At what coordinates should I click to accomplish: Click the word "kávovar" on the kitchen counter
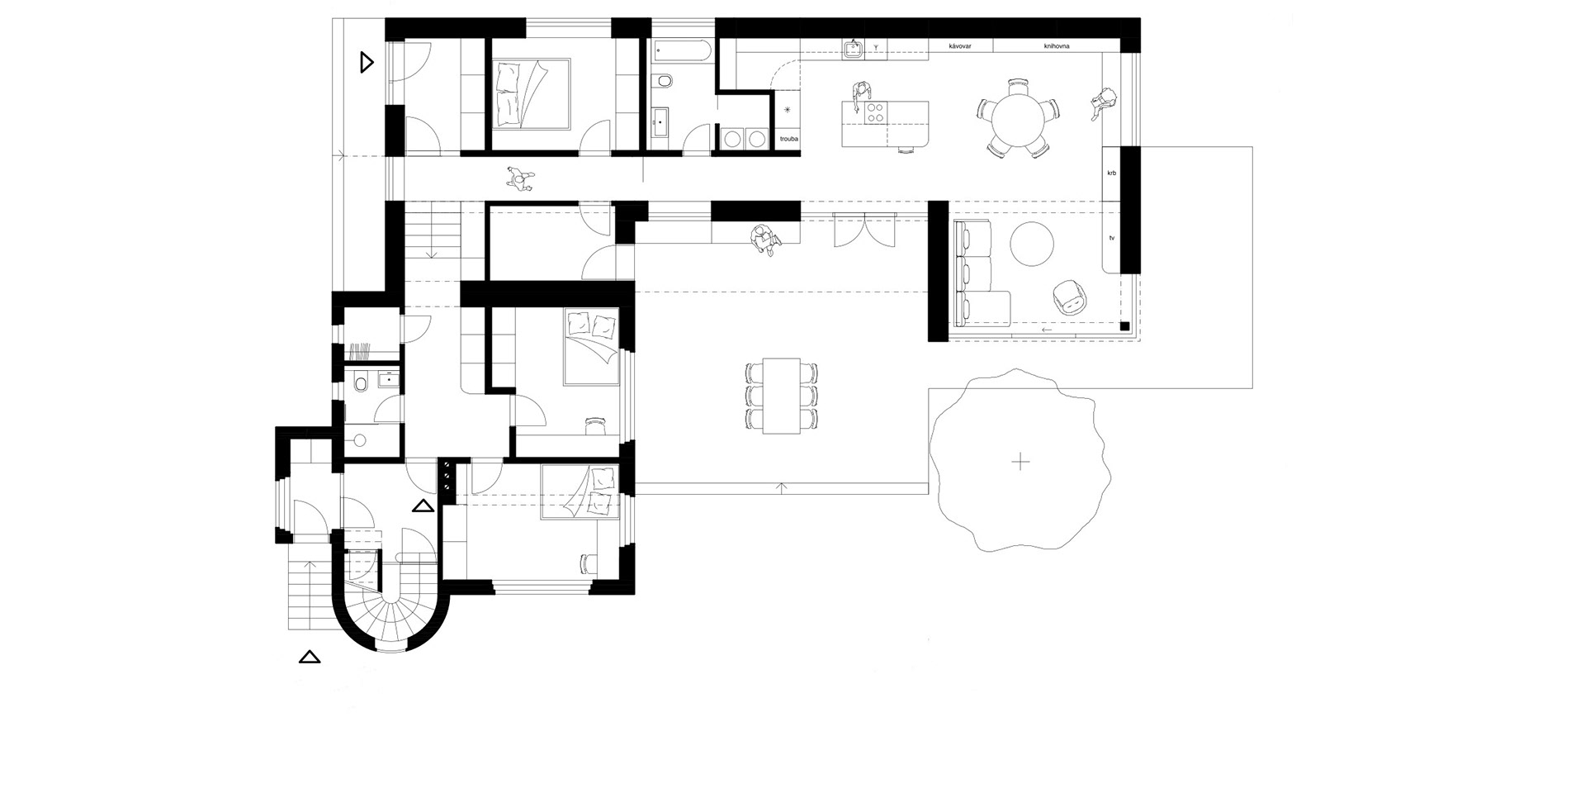[961, 46]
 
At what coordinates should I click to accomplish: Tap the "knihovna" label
[1057, 46]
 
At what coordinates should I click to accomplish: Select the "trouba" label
[789, 140]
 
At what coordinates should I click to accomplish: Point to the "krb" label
[1112, 173]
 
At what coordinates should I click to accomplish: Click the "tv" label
[1112, 238]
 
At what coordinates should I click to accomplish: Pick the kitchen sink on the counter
[853, 50]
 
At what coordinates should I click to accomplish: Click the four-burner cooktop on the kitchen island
[875, 113]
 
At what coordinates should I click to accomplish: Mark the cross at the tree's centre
[1021, 461]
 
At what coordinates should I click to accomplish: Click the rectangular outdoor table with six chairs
[782, 396]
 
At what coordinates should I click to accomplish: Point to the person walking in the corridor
[520, 178]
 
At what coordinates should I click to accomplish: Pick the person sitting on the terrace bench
[764, 240]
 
